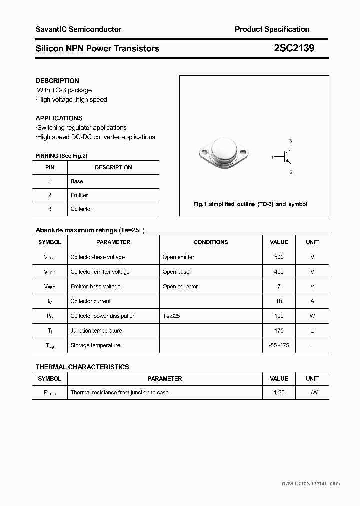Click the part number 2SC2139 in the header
[294, 48]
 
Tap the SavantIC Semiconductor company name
[78, 29]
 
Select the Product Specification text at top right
[272, 29]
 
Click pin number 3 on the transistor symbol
[290, 141]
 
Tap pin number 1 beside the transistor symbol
[272, 157]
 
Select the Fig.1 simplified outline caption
[250, 204]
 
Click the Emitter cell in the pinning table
[79, 195]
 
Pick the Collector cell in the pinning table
[81, 209]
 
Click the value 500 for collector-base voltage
[279, 257]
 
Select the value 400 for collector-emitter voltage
[279, 272]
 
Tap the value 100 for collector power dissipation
[279, 316]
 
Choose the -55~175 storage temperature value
[279, 345]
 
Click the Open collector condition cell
[180, 286]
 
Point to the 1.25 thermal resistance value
[279, 392]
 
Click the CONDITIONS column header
[211, 242]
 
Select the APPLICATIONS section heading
[59, 118]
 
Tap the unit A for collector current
[312, 301]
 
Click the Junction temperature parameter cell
[96, 331]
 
